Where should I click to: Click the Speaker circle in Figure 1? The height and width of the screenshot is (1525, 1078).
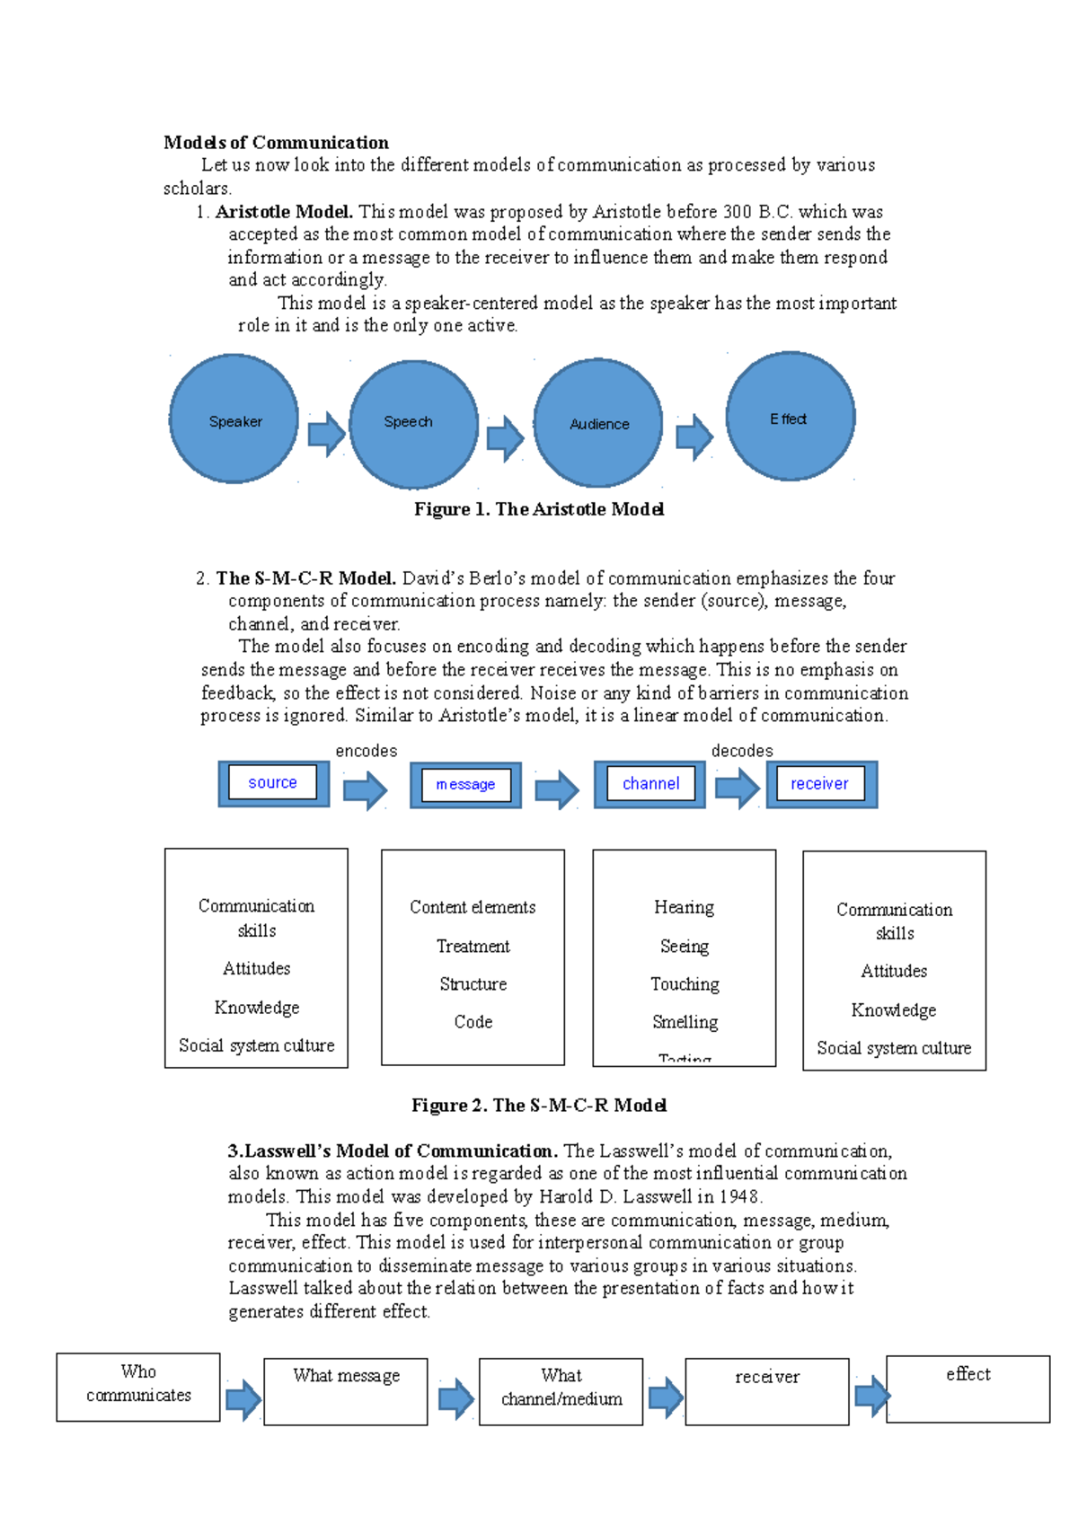click(234, 419)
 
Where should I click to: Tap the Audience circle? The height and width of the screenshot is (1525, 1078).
click(598, 423)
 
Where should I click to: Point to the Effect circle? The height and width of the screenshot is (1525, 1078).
click(791, 417)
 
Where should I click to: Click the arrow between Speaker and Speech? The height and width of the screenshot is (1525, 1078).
click(326, 435)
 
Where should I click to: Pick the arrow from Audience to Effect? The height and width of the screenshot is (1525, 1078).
click(694, 437)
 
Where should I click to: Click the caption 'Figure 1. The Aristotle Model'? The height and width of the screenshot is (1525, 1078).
click(539, 509)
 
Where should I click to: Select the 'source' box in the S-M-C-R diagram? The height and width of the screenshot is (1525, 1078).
click(273, 783)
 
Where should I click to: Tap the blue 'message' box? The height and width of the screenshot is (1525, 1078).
click(465, 785)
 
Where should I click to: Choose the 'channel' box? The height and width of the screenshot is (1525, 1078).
click(650, 784)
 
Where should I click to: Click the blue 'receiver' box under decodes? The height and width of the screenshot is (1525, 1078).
click(820, 784)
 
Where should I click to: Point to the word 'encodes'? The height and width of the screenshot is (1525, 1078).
click(366, 751)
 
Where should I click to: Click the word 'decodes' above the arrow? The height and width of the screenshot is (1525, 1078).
click(742, 751)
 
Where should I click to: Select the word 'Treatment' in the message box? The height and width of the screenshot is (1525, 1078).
click(473, 947)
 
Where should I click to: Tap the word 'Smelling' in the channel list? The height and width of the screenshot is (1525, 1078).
click(685, 1022)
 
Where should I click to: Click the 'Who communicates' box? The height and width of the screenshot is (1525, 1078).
click(138, 1387)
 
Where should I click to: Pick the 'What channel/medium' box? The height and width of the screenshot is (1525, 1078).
click(561, 1391)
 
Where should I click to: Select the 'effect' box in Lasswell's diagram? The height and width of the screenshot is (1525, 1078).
click(968, 1388)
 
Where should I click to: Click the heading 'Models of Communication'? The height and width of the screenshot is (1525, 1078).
click(276, 143)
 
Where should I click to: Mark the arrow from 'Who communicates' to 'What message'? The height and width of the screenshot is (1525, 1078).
click(243, 1399)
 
